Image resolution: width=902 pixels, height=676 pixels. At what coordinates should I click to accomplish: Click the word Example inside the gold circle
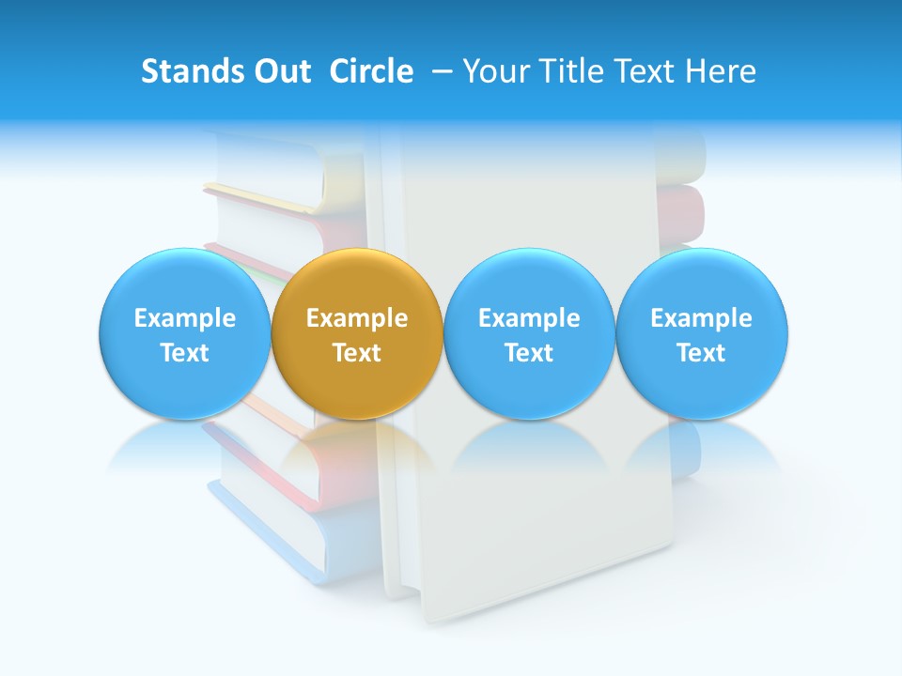coord(357,318)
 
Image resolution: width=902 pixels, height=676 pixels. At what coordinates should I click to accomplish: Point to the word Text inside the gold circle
coord(357,353)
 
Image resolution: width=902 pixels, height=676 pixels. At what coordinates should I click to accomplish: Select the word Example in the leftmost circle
coord(184,318)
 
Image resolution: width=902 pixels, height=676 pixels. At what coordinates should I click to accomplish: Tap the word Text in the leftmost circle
coord(184,353)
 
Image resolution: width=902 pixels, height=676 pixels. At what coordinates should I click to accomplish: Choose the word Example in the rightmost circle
coord(702,318)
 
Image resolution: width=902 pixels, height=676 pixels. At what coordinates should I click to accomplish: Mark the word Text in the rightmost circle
coord(702,353)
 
